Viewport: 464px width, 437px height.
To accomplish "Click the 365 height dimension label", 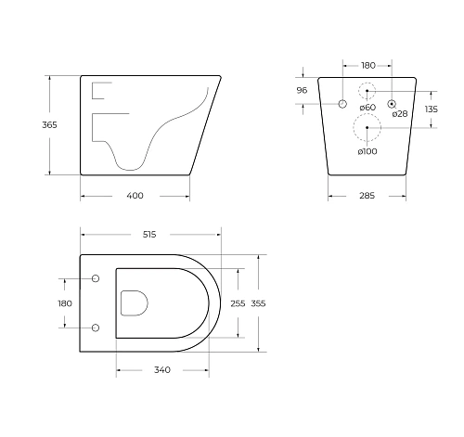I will pyautogui.click(x=35, y=125).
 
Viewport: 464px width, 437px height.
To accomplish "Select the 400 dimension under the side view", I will pyautogui.click(x=135, y=196).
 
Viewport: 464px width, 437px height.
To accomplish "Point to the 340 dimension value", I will pyautogui.click(x=161, y=370).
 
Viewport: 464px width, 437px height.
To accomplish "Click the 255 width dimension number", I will pyautogui.click(x=238, y=302).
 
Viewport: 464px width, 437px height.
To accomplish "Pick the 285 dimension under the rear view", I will pyautogui.click(x=367, y=196).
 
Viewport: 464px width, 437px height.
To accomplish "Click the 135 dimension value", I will pyautogui.click(x=431, y=109).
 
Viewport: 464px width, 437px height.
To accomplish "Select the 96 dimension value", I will pyautogui.click(x=301, y=90).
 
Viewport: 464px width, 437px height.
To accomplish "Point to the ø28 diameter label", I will pyautogui.click(x=399, y=114).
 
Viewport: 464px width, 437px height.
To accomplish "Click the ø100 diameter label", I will pyautogui.click(x=367, y=151).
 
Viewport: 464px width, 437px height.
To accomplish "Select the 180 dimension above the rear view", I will pyautogui.click(x=367, y=65).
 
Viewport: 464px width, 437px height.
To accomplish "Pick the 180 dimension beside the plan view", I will pyautogui.click(x=64, y=302).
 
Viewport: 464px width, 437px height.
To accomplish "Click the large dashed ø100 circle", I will pyautogui.click(x=367, y=127).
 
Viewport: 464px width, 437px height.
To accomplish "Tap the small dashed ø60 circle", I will pyautogui.click(x=367, y=91).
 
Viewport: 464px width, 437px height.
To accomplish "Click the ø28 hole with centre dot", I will pyautogui.click(x=392, y=103).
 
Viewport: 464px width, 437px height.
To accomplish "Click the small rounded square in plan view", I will pyautogui.click(x=135, y=302).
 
